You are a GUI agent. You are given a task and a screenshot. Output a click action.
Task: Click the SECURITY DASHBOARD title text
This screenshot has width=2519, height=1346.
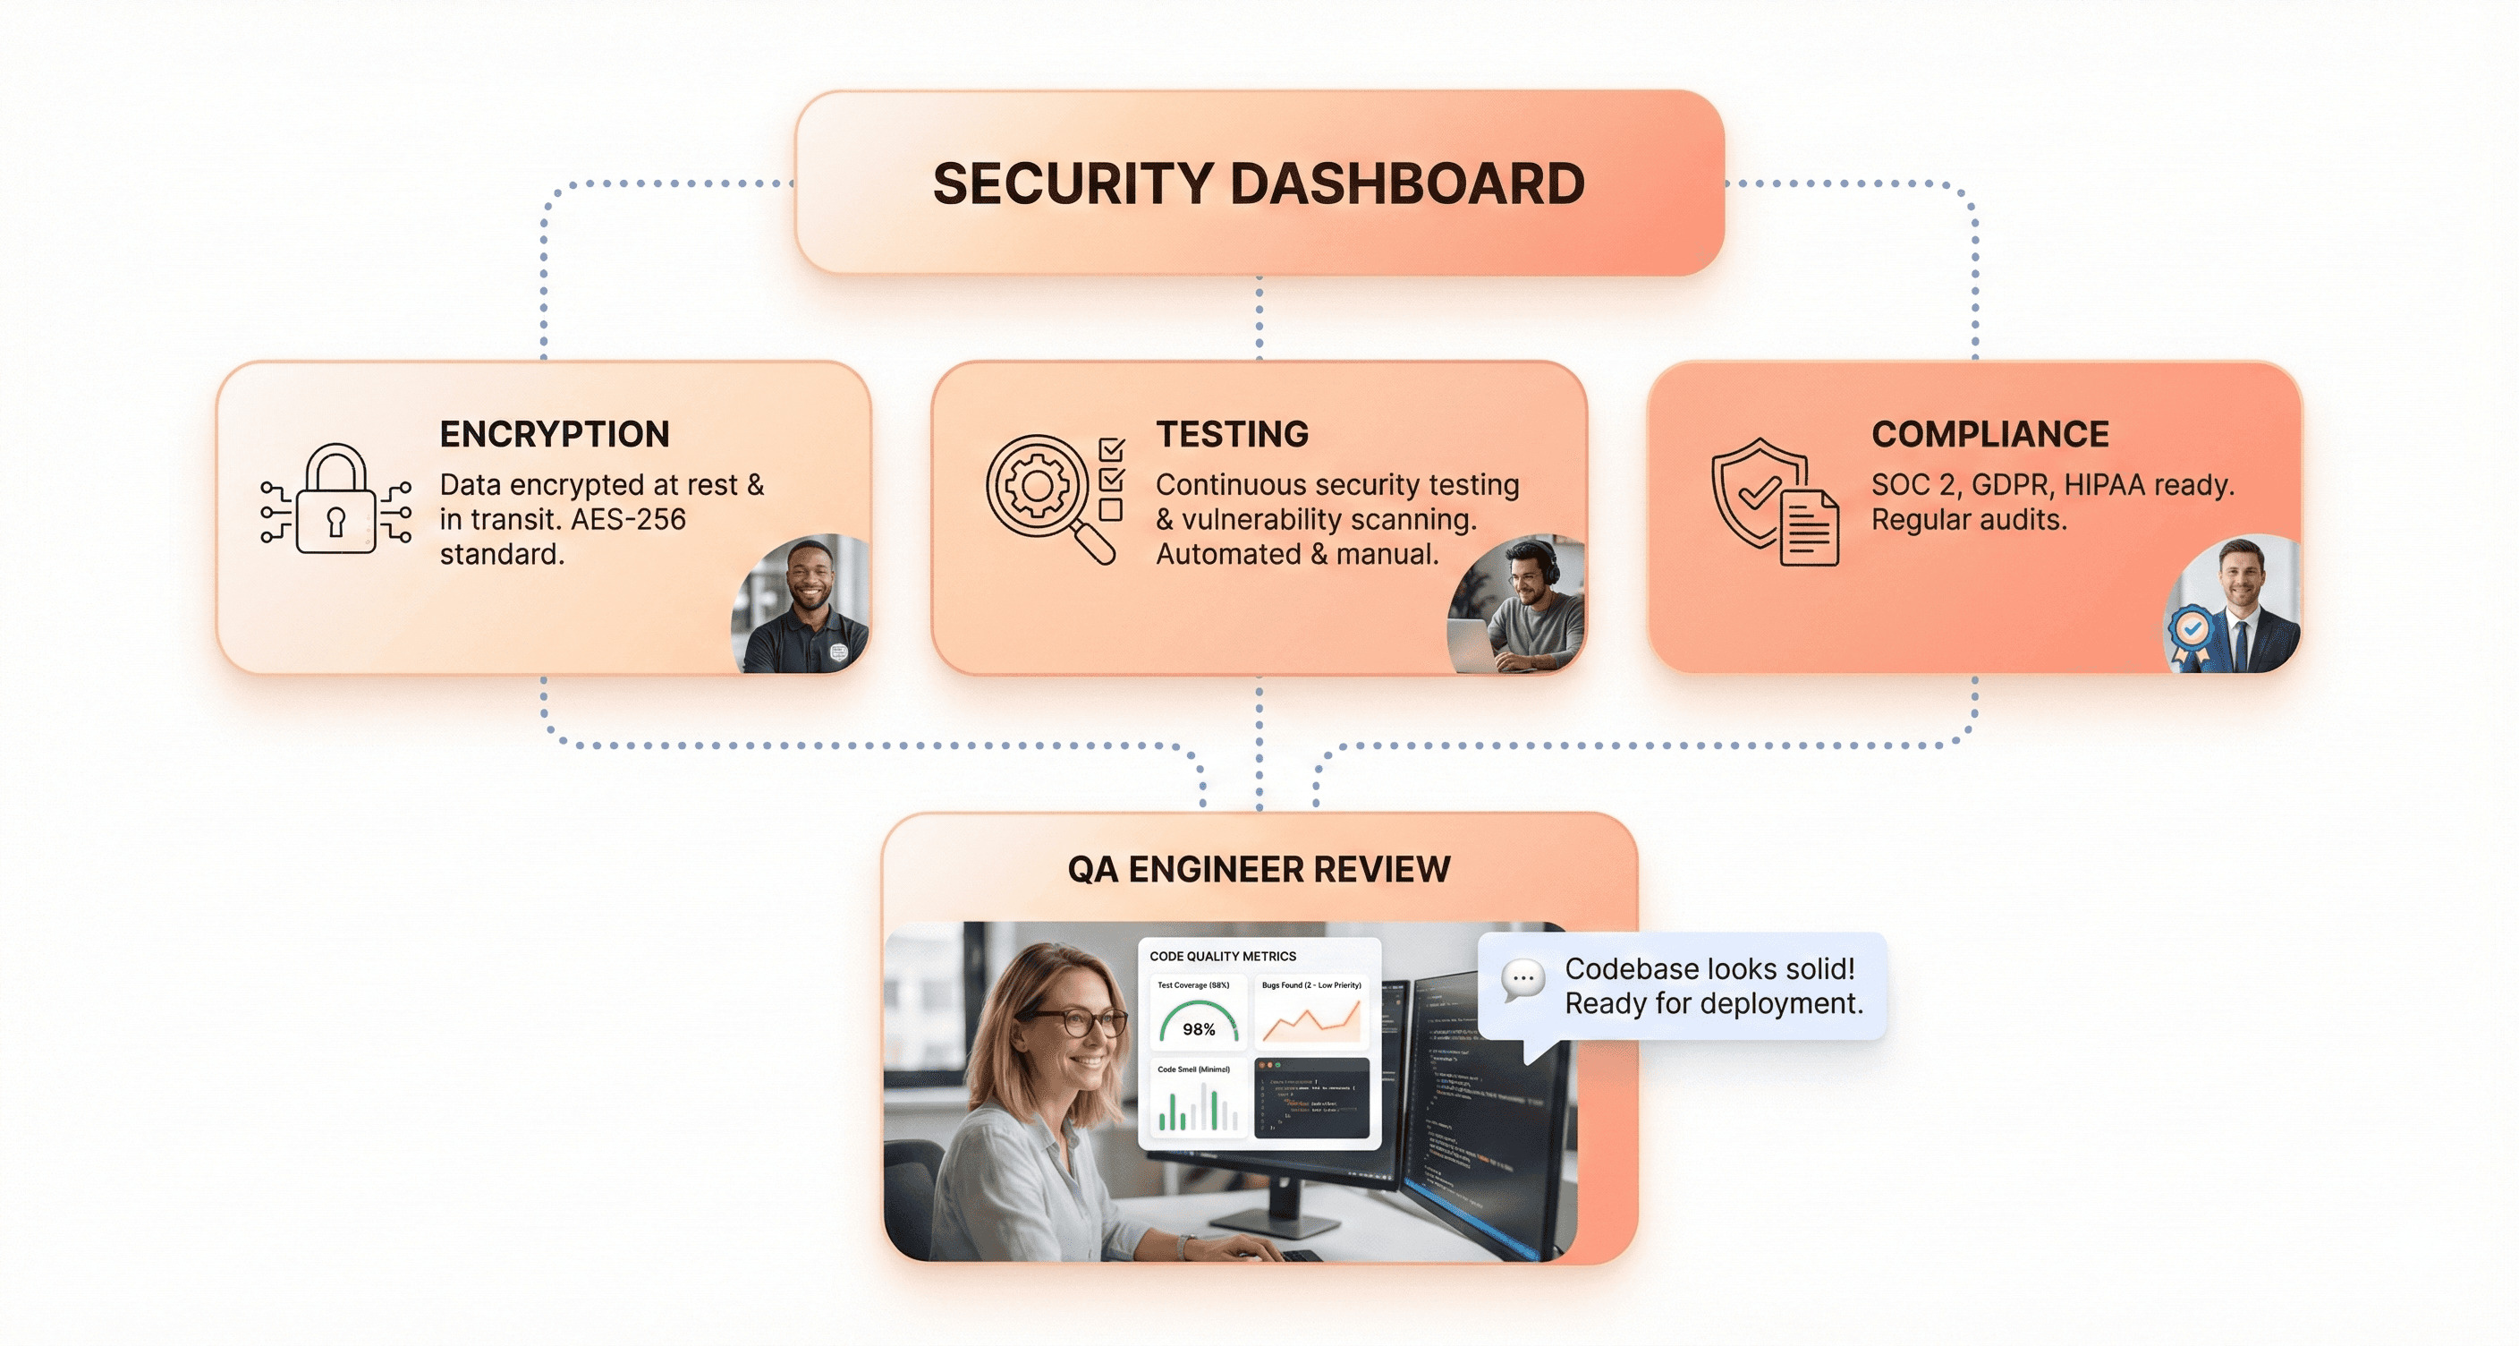pyautogui.click(x=1259, y=183)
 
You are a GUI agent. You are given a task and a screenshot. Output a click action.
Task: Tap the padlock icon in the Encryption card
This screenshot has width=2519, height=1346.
pyautogui.click(x=335, y=501)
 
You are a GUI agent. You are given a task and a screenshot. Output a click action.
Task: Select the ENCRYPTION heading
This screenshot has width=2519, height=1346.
pyautogui.click(x=555, y=433)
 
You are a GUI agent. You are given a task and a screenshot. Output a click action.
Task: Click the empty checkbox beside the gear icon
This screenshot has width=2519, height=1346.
pyautogui.click(x=1110, y=509)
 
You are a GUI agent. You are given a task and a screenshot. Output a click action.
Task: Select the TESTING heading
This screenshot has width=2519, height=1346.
pyautogui.click(x=1232, y=433)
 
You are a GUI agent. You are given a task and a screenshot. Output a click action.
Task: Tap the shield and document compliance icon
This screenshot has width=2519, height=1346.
pyautogui.click(x=1772, y=503)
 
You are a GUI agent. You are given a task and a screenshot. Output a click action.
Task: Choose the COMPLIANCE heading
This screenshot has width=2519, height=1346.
pyautogui.click(x=1990, y=433)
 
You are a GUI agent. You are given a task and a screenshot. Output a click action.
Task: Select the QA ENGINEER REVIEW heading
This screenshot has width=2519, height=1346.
pyautogui.click(x=1259, y=869)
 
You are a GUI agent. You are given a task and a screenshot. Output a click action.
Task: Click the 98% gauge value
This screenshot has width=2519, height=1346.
pyautogui.click(x=1198, y=1029)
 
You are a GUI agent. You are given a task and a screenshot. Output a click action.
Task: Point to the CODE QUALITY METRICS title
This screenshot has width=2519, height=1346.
pyautogui.click(x=1222, y=956)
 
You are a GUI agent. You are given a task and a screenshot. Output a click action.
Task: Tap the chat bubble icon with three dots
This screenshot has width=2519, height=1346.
pyautogui.click(x=1522, y=979)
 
